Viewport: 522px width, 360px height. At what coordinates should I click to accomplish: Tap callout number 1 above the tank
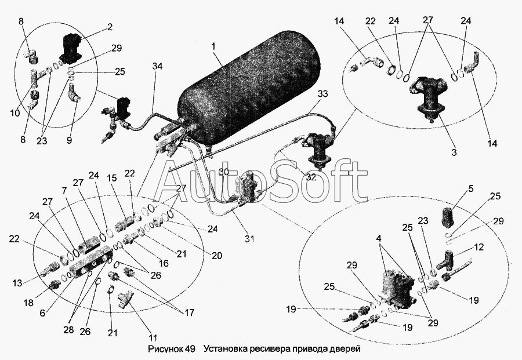click(x=214, y=46)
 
